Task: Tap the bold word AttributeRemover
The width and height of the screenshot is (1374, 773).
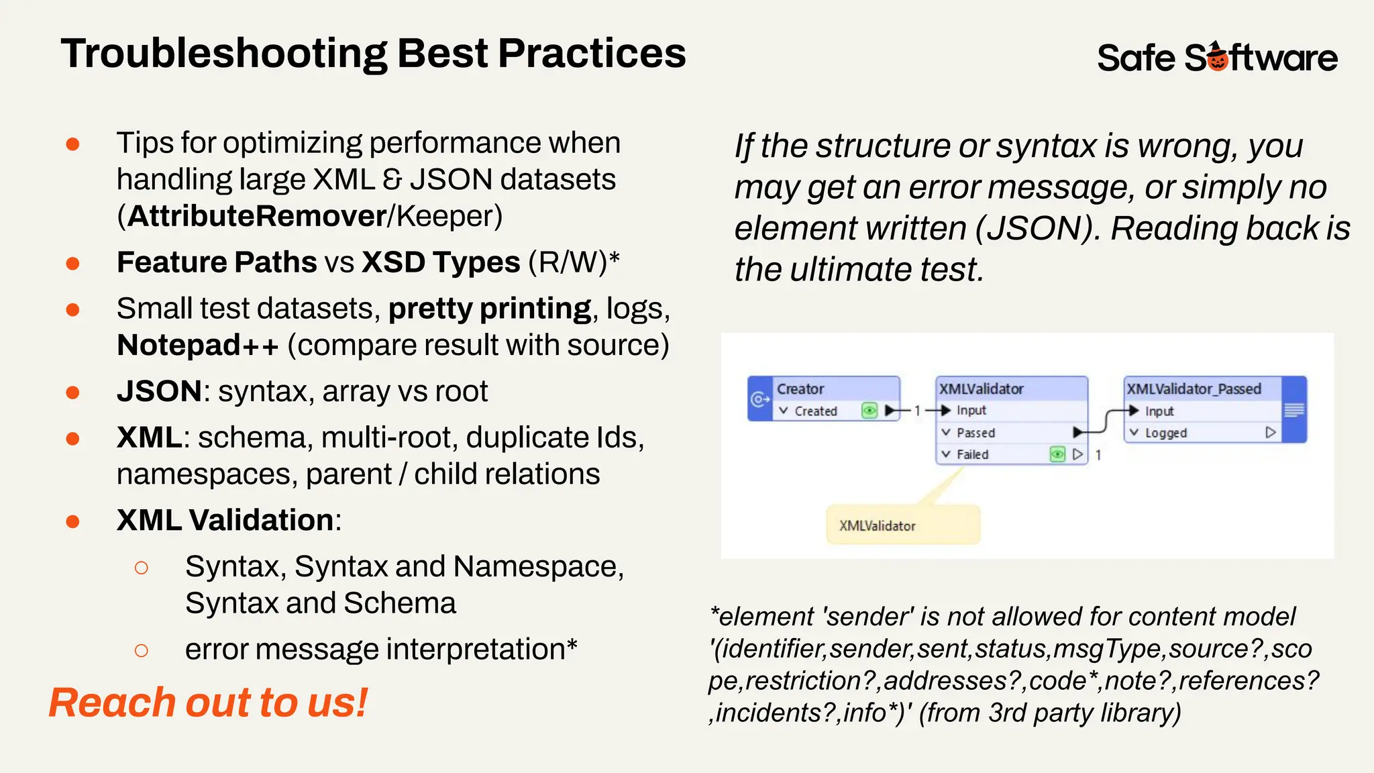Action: pyautogui.click(x=257, y=216)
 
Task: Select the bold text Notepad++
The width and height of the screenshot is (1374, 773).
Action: pyautogui.click(x=197, y=345)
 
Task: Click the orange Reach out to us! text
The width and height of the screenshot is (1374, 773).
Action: pyautogui.click(x=208, y=703)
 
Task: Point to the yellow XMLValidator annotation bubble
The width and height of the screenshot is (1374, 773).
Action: pyautogui.click(x=902, y=525)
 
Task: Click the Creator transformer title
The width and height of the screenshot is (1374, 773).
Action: pyautogui.click(x=800, y=389)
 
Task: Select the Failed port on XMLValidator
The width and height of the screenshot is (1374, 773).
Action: pyautogui.click(x=972, y=454)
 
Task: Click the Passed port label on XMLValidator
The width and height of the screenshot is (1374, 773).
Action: pyautogui.click(x=975, y=433)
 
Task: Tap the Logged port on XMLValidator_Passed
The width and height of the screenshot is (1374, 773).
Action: pyautogui.click(x=1165, y=433)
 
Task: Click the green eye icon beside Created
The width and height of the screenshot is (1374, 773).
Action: pyautogui.click(x=869, y=410)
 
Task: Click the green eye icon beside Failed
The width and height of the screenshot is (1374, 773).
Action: pyautogui.click(x=1057, y=454)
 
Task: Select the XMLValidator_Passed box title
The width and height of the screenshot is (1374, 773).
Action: pyautogui.click(x=1194, y=389)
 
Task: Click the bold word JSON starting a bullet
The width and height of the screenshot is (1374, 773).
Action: pyautogui.click(x=159, y=391)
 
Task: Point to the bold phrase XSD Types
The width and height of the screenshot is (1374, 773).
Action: pyautogui.click(x=441, y=262)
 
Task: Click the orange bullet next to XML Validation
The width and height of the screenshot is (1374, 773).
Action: pyautogui.click(x=73, y=521)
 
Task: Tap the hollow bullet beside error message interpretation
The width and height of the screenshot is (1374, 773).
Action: pyautogui.click(x=141, y=650)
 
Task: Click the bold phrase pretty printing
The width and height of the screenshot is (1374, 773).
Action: pyautogui.click(x=489, y=309)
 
